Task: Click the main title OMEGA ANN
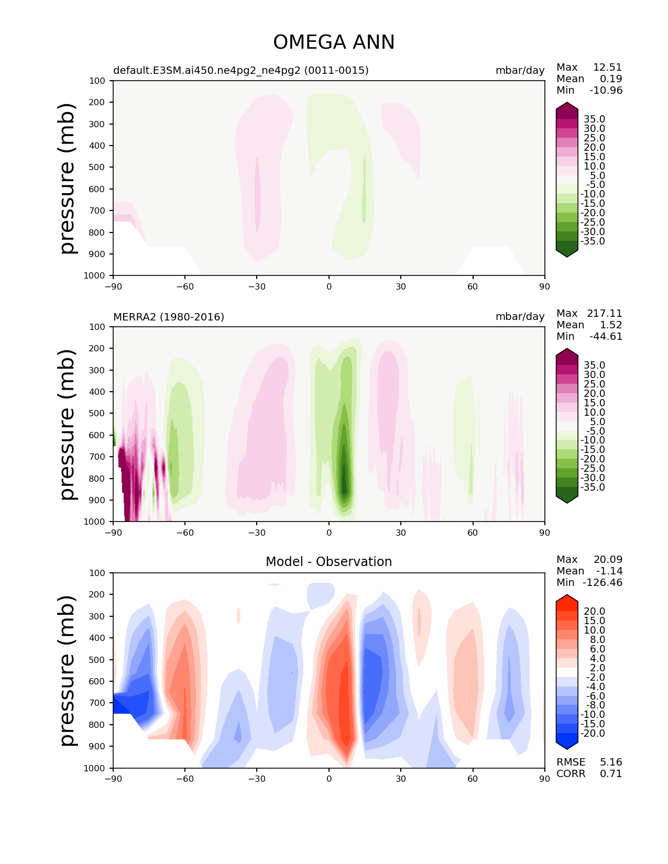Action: [x=334, y=42]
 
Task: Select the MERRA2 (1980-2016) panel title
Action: [x=169, y=317]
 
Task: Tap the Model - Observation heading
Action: [x=328, y=562]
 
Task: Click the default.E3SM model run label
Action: [x=240, y=70]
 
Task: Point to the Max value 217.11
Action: [x=604, y=313]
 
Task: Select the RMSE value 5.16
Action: [x=611, y=762]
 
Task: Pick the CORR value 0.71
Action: [x=611, y=773]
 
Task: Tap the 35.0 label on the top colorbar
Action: [x=594, y=119]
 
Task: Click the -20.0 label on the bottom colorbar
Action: [x=593, y=733]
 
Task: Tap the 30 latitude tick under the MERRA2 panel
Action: [x=401, y=533]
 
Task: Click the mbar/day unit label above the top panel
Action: [x=520, y=70]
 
